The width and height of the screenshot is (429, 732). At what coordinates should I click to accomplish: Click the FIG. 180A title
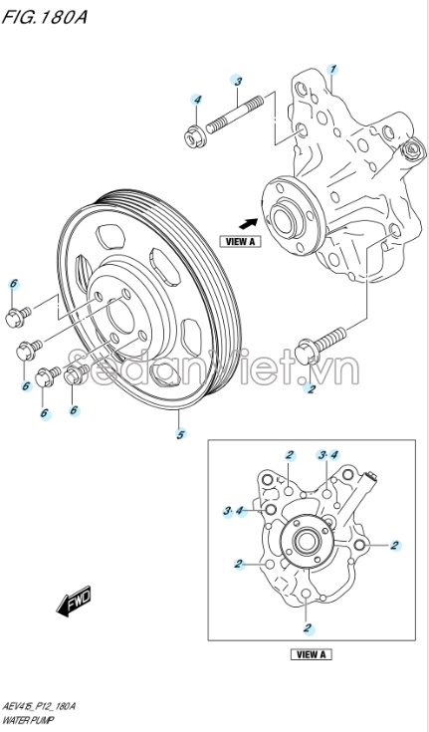point(45,17)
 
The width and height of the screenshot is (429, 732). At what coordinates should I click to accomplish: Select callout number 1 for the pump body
point(332,70)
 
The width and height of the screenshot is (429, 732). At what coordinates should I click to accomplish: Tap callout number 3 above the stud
point(238,81)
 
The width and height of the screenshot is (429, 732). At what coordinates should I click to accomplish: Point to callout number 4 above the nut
point(197,100)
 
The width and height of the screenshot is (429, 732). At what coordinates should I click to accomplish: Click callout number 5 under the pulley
point(180,434)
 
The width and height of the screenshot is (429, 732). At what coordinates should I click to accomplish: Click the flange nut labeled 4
point(193,135)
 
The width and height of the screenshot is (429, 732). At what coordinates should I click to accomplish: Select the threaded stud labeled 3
point(235,114)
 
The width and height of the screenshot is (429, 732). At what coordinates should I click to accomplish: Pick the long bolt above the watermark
point(321,346)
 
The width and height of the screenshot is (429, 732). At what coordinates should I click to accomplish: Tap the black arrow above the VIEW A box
point(249,224)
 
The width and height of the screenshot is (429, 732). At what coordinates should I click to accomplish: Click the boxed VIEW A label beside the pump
point(241,241)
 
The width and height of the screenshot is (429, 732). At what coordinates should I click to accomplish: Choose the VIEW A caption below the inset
point(312,654)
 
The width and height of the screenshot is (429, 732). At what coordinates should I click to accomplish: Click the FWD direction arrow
point(74,601)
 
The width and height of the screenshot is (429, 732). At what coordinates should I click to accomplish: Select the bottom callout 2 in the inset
point(308,628)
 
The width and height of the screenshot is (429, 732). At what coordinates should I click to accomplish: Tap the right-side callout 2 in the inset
point(395,545)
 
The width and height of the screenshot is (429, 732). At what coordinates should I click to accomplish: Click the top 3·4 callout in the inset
point(327,455)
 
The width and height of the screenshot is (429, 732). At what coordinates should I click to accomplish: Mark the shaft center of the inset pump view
point(306,542)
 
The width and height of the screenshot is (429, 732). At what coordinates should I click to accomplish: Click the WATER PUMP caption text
point(28,720)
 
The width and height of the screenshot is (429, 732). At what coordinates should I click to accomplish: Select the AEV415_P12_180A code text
point(39,706)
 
